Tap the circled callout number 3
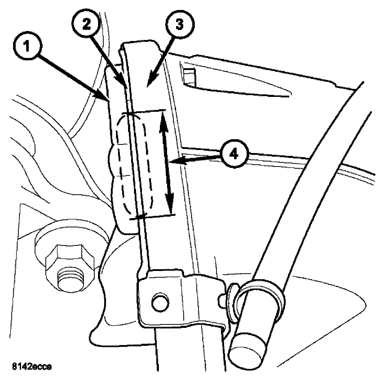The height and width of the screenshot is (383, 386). (179, 25)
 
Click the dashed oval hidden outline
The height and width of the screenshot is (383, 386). (135, 164)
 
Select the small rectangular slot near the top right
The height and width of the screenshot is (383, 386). (189, 76)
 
